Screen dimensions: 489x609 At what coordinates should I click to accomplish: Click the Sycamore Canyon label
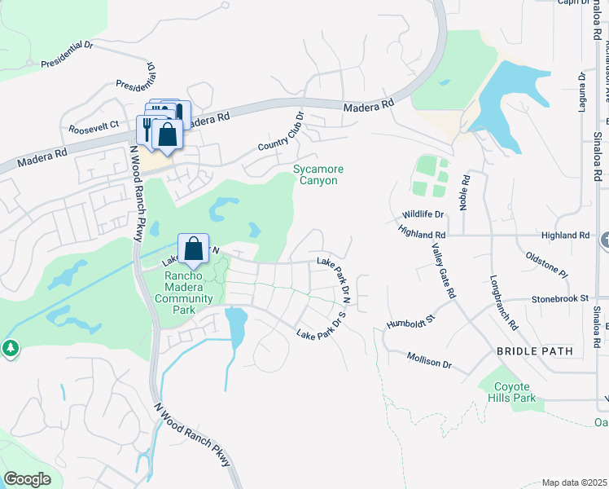coord(318,174)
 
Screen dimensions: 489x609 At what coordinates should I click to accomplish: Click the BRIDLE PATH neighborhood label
coord(535,351)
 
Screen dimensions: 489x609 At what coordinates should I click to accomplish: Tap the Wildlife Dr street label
coord(423,214)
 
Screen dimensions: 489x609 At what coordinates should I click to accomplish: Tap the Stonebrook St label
coord(559,299)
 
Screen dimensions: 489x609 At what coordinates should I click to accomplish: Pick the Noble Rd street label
coord(466,192)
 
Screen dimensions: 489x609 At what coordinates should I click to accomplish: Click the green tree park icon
coord(11,349)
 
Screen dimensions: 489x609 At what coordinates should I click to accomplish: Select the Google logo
coord(27,479)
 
